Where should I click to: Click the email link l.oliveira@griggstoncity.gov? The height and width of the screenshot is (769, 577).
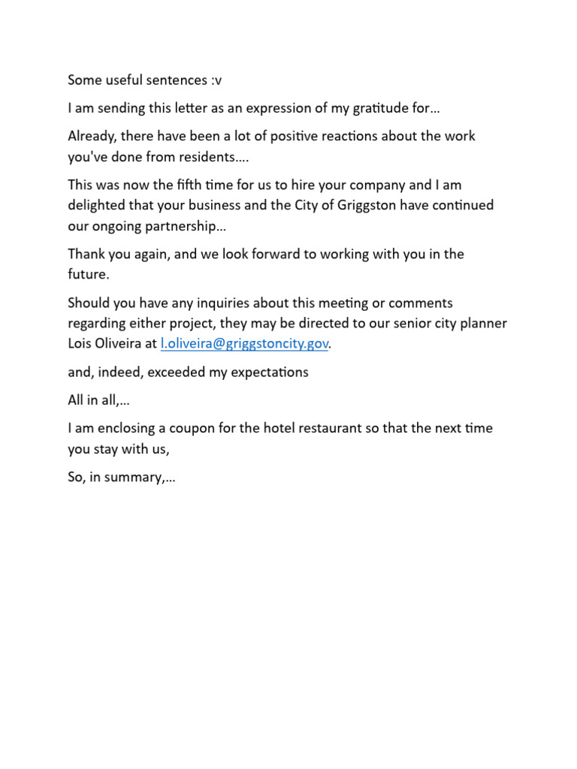coord(245,344)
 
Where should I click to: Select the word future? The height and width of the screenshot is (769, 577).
coord(88,275)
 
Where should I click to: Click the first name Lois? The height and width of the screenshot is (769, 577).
coord(81,344)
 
